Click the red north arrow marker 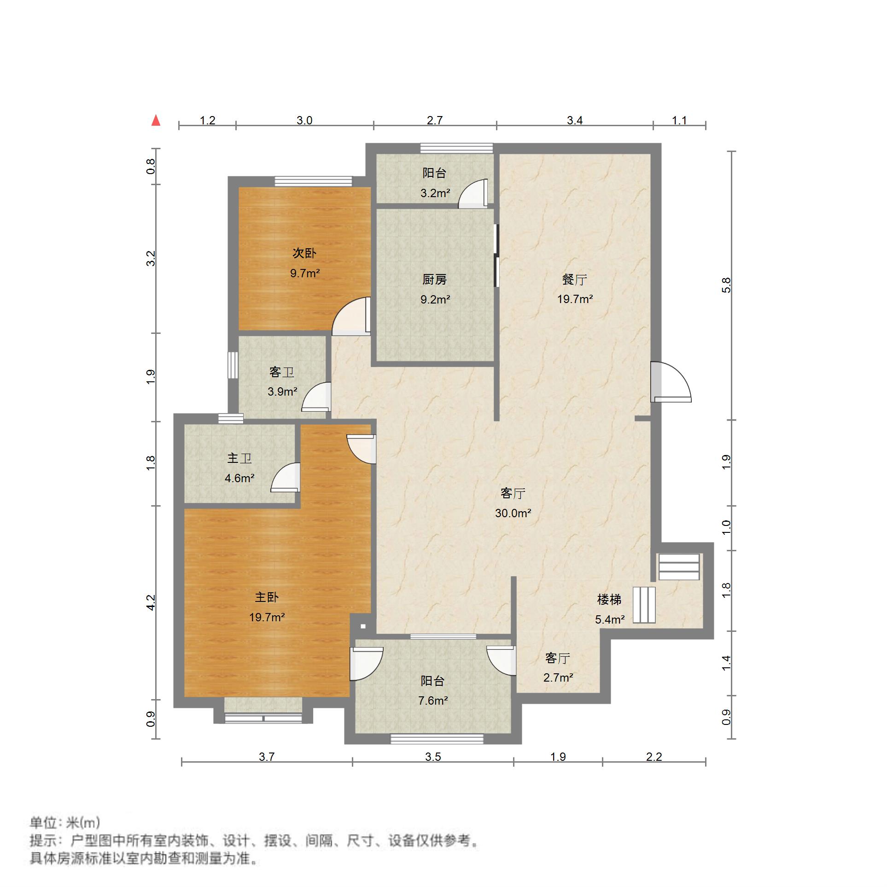(156, 121)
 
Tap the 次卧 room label (304, 253)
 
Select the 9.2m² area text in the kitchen (435, 300)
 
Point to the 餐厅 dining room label (575, 280)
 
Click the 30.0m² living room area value (513, 513)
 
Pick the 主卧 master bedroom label (267, 597)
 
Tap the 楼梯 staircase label (609, 600)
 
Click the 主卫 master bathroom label (239, 458)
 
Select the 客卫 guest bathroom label (282, 372)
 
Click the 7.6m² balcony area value (433, 700)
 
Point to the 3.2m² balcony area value (435, 193)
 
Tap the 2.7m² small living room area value (558, 677)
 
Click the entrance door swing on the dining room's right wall (671, 382)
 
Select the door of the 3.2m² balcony (473, 193)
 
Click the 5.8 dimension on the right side (726, 285)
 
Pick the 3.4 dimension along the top (575, 121)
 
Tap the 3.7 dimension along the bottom (267, 757)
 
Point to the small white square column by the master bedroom (363, 626)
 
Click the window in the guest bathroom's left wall (233, 365)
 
